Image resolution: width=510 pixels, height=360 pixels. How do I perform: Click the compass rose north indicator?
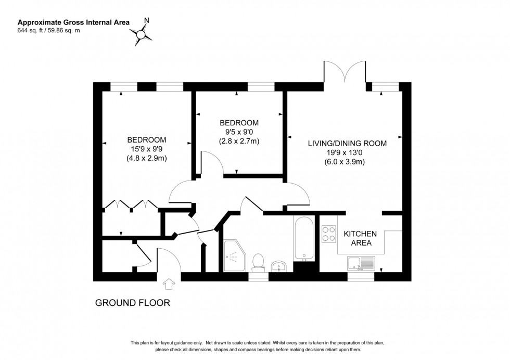pos(141,33)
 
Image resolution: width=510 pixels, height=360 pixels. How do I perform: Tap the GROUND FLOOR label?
pos(132,302)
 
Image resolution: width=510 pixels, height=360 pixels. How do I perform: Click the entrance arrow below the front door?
pos(169,284)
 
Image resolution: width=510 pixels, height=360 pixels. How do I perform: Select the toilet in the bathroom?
pos(257,261)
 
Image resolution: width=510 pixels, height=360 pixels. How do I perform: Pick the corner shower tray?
pos(235,254)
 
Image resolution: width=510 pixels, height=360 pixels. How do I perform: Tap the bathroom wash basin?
pos(279,266)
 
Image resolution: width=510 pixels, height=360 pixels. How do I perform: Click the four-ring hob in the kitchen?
pos(328,234)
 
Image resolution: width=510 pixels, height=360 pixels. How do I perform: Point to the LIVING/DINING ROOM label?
pos(347,143)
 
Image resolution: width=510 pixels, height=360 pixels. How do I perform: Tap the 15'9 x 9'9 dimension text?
pos(147,149)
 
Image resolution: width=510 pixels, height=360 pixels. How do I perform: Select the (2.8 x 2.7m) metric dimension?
pos(239,141)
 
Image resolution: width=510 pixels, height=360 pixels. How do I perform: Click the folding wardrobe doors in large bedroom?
pos(129,205)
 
